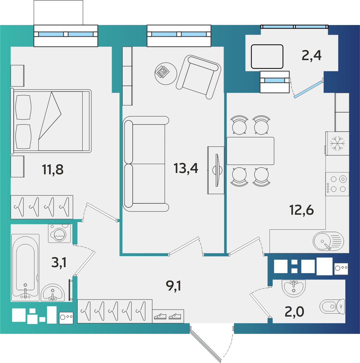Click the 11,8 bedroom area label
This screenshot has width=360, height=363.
(52, 169)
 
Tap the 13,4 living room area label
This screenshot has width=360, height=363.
(186, 168)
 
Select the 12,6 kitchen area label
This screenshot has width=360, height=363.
(302, 210)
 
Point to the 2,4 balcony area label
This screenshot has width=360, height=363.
(311, 55)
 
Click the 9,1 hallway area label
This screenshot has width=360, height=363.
(173, 286)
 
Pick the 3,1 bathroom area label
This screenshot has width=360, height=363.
(59, 262)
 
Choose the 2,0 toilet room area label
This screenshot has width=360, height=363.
(294, 312)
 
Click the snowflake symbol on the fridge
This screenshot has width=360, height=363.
(337, 143)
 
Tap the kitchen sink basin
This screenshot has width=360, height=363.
(323, 241)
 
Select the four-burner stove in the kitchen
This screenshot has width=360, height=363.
(337, 184)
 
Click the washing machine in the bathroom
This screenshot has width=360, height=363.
(59, 233)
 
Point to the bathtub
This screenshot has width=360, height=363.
(25, 267)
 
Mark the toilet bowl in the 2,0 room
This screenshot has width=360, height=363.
(332, 307)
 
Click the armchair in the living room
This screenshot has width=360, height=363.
(198, 77)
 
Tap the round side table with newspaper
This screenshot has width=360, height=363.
(166, 73)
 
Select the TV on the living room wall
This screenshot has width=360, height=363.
(216, 170)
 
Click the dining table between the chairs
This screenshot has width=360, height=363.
(250, 151)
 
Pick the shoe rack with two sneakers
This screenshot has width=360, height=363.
(168, 316)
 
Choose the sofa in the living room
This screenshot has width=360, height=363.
(146, 164)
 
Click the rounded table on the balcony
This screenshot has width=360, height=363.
(267, 57)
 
